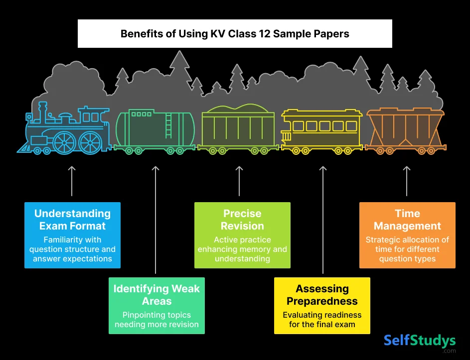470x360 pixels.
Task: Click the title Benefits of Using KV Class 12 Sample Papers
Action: click(x=235, y=34)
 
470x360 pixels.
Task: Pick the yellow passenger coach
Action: click(x=322, y=128)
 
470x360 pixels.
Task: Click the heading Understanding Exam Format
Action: click(x=73, y=220)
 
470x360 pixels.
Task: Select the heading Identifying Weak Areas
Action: click(x=157, y=295)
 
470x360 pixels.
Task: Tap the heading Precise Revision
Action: click(x=242, y=220)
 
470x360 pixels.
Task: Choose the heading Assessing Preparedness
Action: click(x=322, y=295)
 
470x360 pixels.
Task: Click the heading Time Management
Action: click(x=407, y=220)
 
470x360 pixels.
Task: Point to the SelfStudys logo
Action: click(x=420, y=342)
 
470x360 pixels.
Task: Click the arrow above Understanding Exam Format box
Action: click(x=72, y=181)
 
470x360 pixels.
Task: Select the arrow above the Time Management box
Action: click(x=407, y=181)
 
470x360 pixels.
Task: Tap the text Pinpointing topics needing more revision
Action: click(x=157, y=320)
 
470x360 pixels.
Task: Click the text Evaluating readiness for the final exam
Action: click(x=322, y=320)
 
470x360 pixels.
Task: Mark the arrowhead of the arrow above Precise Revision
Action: click(x=239, y=169)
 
